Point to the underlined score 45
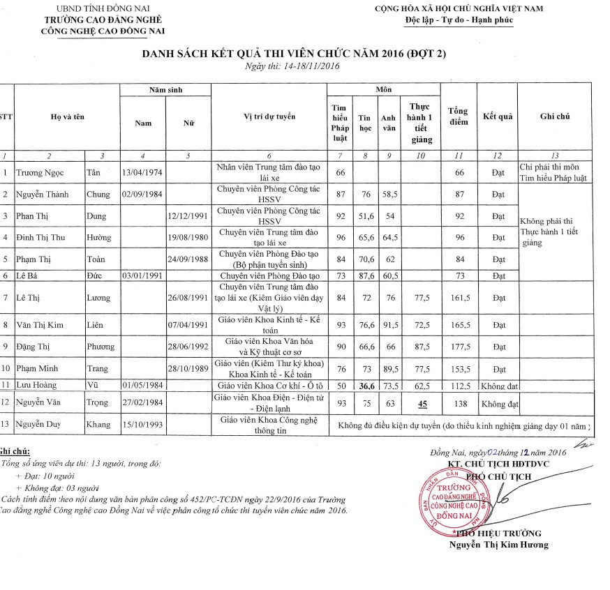[422, 402]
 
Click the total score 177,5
[459, 346]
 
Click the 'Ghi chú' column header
[555, 116]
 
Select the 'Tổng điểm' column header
[459, 116]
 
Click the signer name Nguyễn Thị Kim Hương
[499, 545]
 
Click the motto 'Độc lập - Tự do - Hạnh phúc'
[459, 20]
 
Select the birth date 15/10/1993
[142, 425]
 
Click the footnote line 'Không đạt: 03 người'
[60, 488]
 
